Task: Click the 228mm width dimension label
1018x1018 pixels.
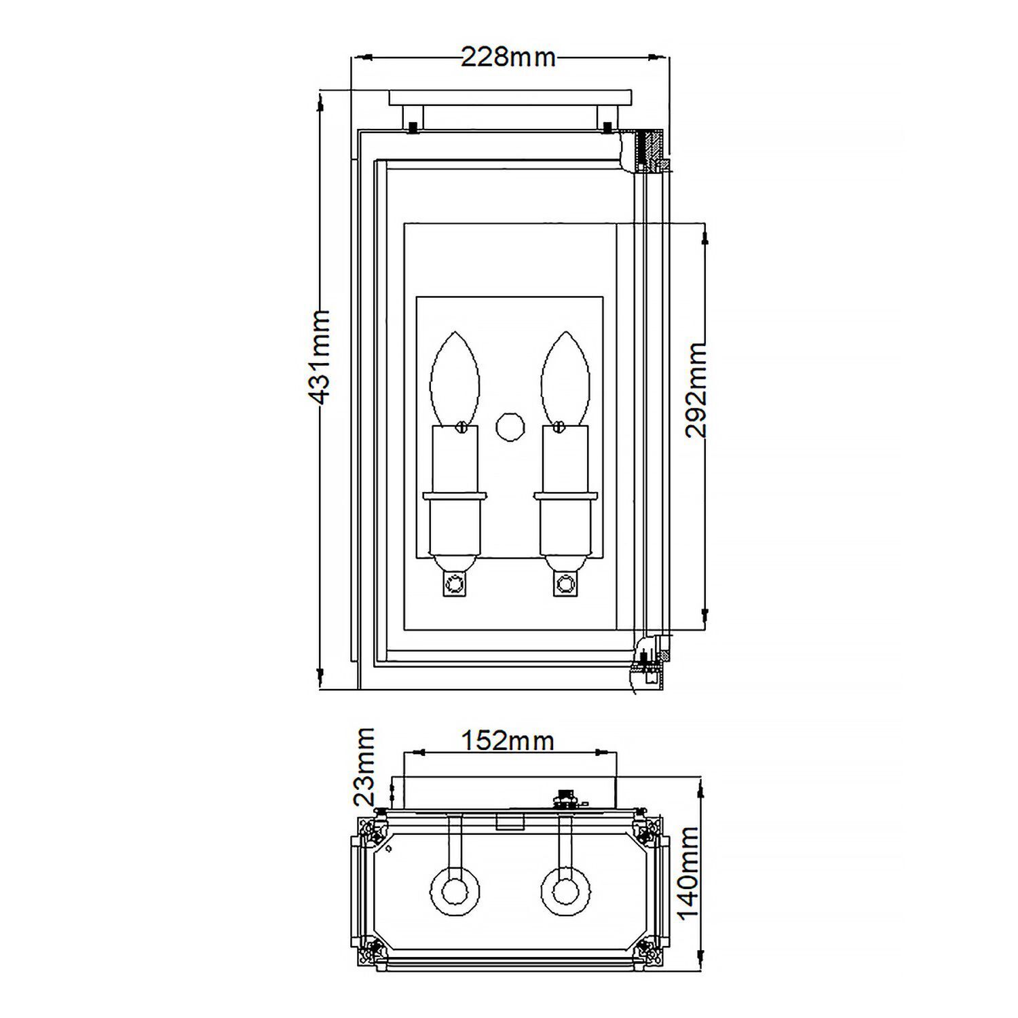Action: coord(508,58)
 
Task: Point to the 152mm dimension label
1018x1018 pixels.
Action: coord(508,741)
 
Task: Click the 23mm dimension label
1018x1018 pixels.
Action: coord(364,766)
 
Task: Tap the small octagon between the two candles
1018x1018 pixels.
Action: coord(510,427)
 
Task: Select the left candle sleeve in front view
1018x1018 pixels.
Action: coord(455,458)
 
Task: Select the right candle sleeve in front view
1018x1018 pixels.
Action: coord(565,458)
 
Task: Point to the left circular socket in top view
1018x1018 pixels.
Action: coord(455,890)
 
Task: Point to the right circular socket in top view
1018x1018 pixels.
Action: coord(565,890)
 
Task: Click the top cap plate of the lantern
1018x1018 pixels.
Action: coord(510,98)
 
